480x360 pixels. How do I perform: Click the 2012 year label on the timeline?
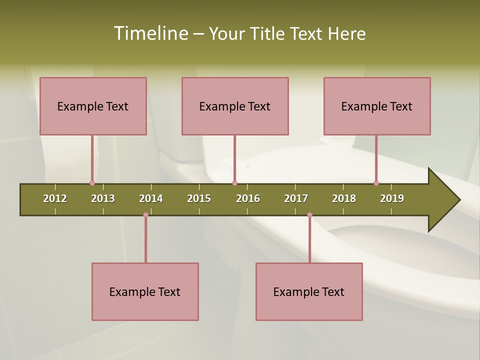[55, 198]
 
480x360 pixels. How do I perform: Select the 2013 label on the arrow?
[103, 198]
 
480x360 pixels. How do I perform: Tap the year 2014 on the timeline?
[151, 198]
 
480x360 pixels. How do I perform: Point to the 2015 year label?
[199, 198]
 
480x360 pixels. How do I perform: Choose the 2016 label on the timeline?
[248, 198]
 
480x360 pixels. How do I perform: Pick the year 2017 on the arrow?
[296, 198]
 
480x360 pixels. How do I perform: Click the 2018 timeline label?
[344, 198]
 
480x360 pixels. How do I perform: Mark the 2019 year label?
[392, 198]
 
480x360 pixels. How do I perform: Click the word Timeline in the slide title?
[150, 33]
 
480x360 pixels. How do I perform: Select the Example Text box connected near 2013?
[93, 106]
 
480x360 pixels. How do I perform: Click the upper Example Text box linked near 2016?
[235, 106]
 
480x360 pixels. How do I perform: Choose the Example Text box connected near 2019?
[377, 106]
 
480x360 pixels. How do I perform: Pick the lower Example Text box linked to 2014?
[145, 291]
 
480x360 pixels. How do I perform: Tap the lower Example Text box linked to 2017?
[309, 291]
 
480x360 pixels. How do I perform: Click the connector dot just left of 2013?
[92, 183]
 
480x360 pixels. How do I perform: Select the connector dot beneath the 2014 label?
[145, 215]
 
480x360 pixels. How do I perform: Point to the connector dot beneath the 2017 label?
[309, 215]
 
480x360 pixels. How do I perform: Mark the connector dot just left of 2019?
[376, 183]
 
